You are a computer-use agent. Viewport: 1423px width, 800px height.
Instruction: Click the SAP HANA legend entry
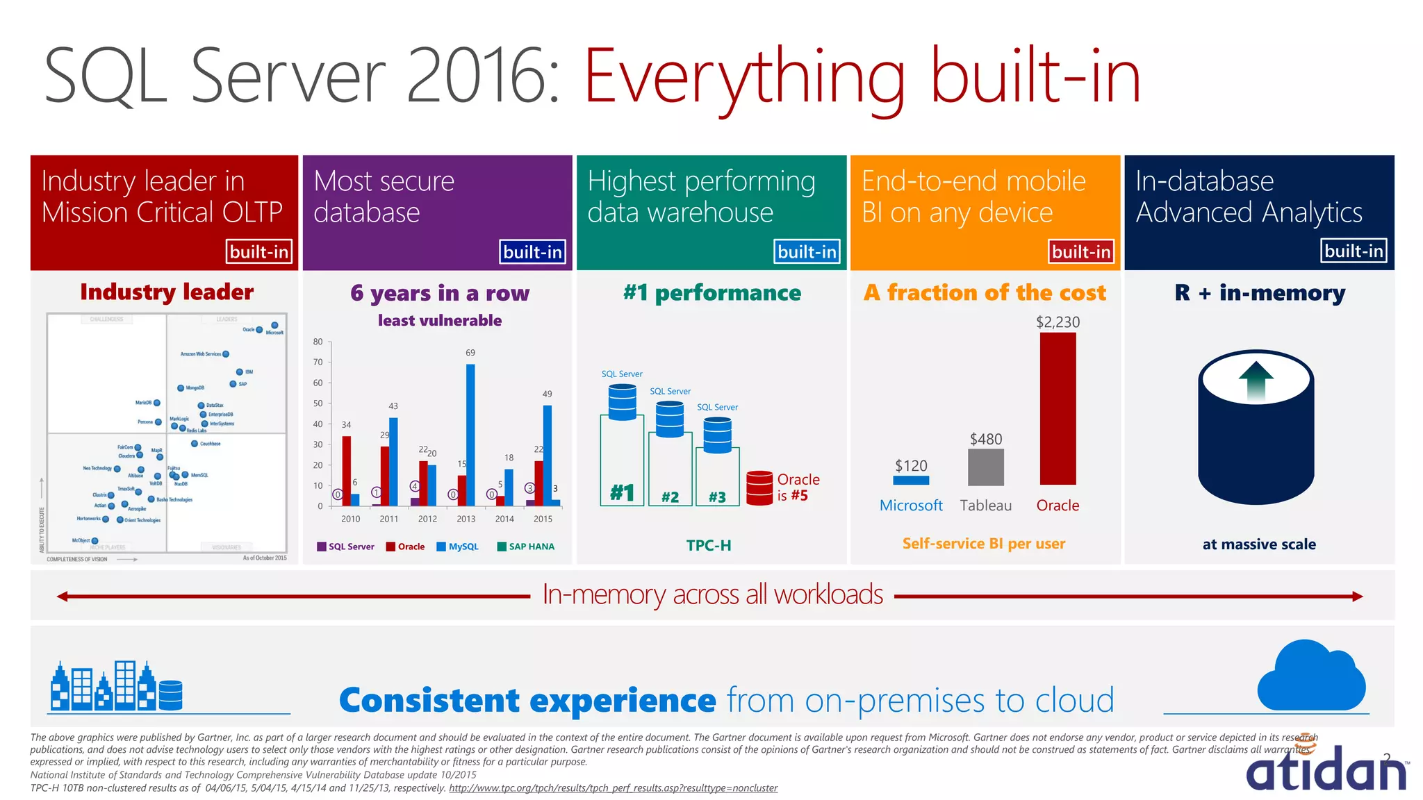(x=526, y=547)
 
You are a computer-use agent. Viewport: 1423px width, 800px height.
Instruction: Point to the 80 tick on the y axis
(x=318, y=342)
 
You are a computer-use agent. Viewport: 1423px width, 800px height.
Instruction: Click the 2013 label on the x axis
(x=466, y=519)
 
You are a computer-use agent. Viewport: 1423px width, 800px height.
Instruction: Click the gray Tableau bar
(x=985, y=467)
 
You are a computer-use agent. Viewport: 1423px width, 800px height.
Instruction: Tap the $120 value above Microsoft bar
(x=911, y=465)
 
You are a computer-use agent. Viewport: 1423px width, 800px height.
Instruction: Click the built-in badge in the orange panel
(x=1080, y=251)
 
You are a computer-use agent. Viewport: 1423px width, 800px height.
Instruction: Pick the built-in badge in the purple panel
(x=532, y=251)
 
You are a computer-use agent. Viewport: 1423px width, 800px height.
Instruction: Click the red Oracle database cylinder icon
(x=759, y=487)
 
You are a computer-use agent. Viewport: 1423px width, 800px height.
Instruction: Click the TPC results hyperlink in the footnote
(x=613, y=788)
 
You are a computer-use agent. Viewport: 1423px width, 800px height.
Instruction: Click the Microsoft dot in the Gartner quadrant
(x=274, y=325)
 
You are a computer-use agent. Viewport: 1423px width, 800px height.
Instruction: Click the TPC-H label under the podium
(x=709, y=545)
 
